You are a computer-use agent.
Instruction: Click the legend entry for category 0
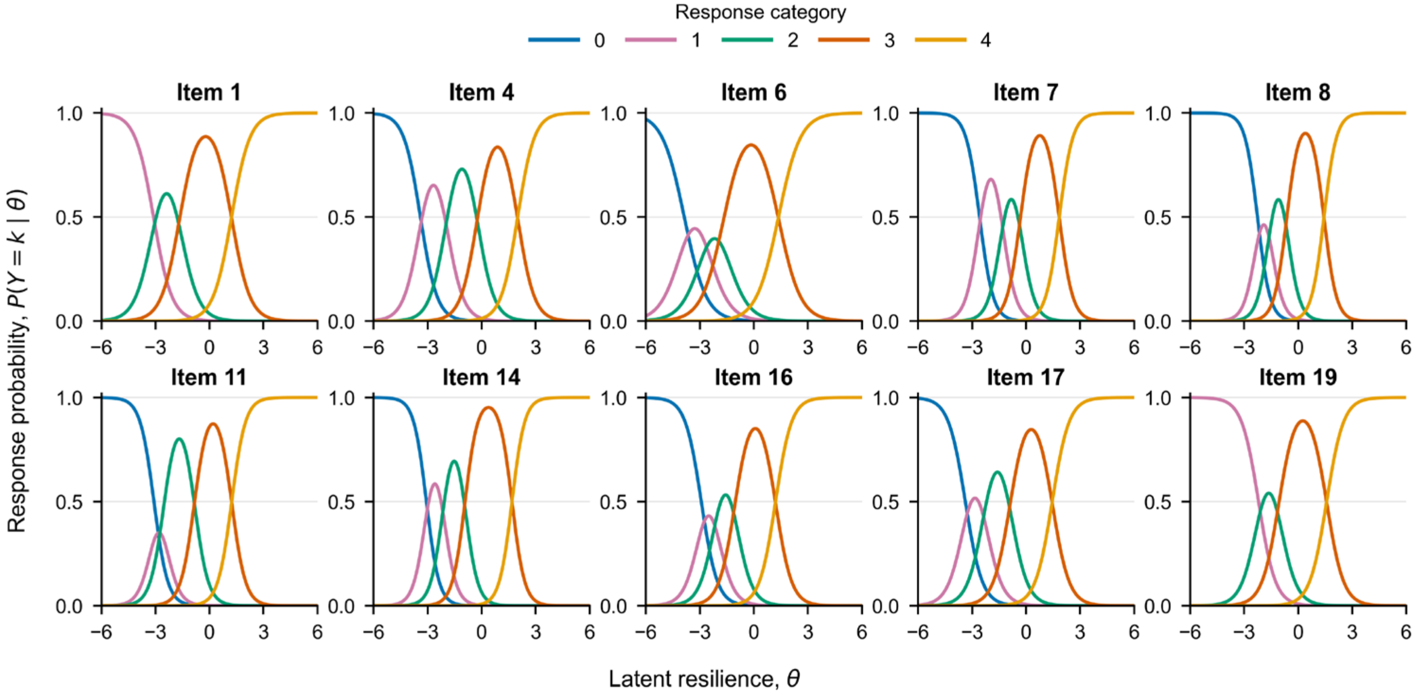tap(566, 40)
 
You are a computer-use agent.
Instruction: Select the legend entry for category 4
tap(953, 40)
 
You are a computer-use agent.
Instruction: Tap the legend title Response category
tap(760, 12)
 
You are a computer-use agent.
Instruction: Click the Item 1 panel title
tap(209, 93)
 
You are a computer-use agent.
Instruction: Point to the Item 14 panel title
tap(481, 377)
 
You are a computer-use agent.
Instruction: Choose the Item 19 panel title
tap(1298, 377)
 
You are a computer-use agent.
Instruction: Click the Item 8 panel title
tap(1298, 93)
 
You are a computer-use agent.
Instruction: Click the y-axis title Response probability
tap(17, 361)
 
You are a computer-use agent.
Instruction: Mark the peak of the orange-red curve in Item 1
tap(205, 137)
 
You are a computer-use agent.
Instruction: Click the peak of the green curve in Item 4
tap(461, 169)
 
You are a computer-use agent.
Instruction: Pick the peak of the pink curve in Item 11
tap(159, 533)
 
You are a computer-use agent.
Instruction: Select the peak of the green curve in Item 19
tap(1268, 493)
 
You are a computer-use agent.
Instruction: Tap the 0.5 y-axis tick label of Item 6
tap(613, 218)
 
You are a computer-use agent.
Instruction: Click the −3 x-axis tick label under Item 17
tap(972, 632)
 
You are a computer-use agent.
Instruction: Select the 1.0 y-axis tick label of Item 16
tap(613, 397)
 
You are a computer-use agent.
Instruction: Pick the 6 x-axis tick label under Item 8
tap(1406, 347)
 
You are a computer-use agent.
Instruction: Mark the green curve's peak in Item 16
tap(726, 495)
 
